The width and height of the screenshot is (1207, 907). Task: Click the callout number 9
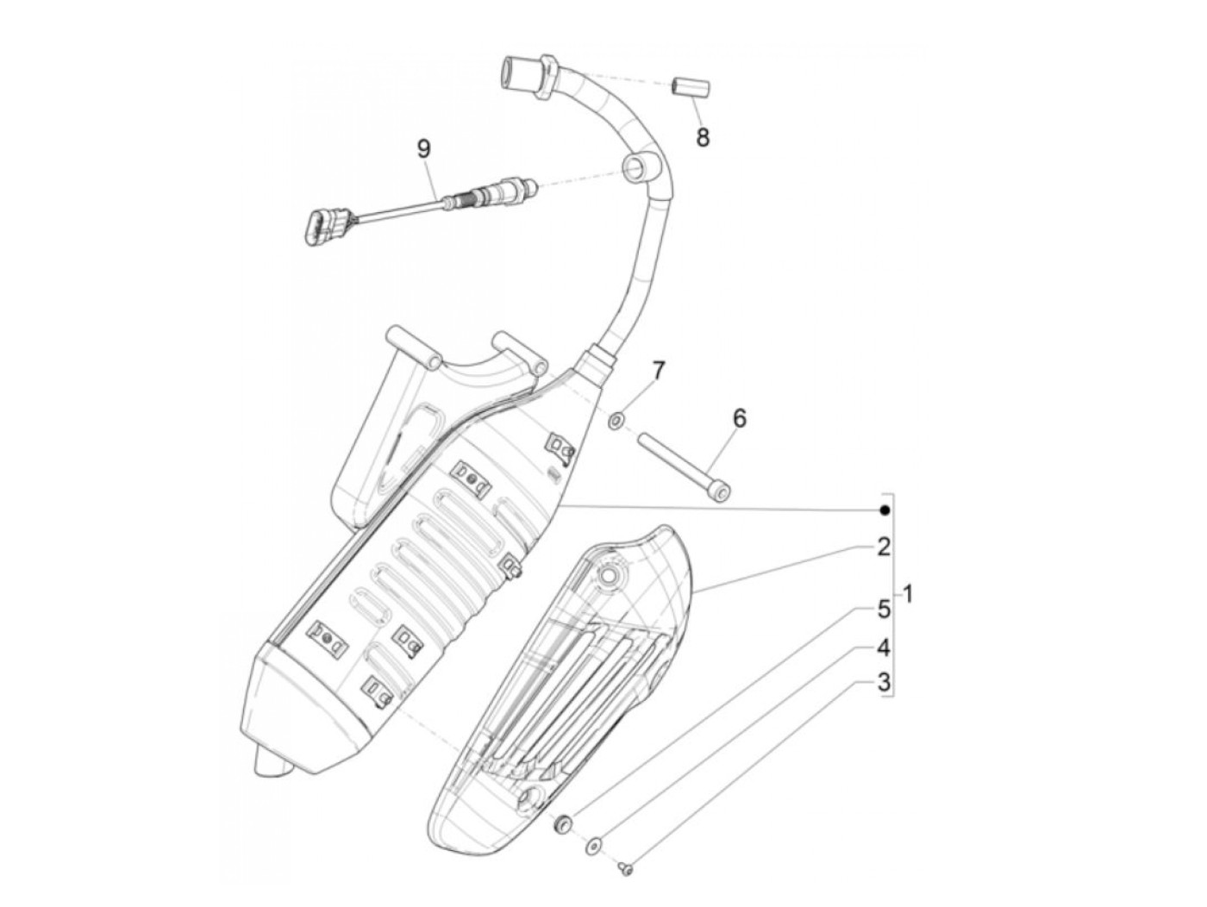pos(422,148)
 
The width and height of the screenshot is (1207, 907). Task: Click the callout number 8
pos(704,136)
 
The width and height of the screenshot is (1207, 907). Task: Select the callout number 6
pos(739,419)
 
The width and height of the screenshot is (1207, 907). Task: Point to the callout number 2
pos(884,546)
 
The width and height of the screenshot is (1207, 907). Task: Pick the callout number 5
pos(884,610)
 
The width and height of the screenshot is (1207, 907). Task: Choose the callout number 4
pos(884,647)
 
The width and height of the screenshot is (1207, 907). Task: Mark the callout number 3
pos(884,684)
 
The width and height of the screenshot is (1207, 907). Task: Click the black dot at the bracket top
pos(884,510)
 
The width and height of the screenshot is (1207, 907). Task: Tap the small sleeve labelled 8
pos(690,87)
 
